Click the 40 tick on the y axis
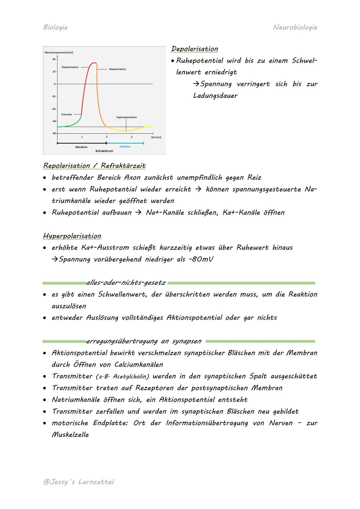[x=54, y=59]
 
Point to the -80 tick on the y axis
[x=54, y=133]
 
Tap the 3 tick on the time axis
[x=131, y=137]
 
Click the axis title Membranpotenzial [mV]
[x=59, y=53]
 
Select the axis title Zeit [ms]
[x=156, y=137]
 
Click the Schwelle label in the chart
[x=66, y=114]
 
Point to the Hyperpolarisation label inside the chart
[x=126, y=117]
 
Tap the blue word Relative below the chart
[x=125, y=147]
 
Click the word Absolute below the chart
[x=81, y=147]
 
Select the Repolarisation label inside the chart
[x=117, y=69]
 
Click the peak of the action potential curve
[x=94, y=63]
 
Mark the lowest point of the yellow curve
[x=126, y=131]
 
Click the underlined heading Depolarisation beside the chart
[x=194, y=49]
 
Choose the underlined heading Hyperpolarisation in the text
[x=72, y=236]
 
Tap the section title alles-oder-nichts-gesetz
[x=126, y=283]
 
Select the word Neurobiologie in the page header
[x=295, y=27]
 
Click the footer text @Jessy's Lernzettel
[x=78, y=482]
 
